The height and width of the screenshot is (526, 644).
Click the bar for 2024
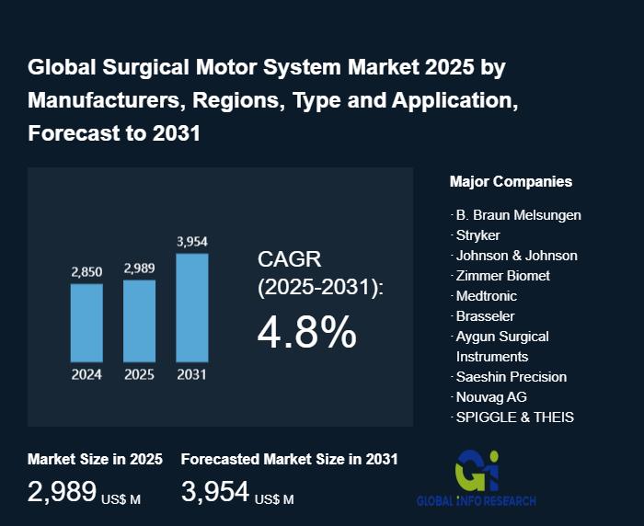pyautogui.click(x=86, y=322)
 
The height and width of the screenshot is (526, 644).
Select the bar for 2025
pyautogui.click(x=139, y=320)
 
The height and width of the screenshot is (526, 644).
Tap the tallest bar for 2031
pyautogui.click(x=192, y=307)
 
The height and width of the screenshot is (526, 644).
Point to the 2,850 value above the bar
pyautogui.click(x=86, y=271)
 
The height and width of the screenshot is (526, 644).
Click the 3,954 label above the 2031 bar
pyautogui.click(x=192, y=242)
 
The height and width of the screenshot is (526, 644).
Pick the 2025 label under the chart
pyautogui.click(x=139, y=374)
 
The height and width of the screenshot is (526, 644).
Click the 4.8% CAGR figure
pyautogui.click(x=306, y=332)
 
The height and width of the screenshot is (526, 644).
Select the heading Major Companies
pyautogui.click(x=511, y=181)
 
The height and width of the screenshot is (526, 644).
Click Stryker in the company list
pyautogui.click(x=477, y=235)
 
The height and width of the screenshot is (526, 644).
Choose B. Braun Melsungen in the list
pyautogui.click(x=518, y=215)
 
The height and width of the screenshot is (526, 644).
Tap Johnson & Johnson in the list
pyautogui.click(x=516, y=256)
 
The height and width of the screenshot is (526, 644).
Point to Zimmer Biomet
pyautogui.click(x=502, y=276)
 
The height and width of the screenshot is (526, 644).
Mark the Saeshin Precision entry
pyautogui.click(x=511, y=377)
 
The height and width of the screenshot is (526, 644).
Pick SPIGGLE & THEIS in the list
pyautogui.click(x=514, y=417)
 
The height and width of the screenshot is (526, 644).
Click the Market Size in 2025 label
pyautogui.click(x=95, y=459)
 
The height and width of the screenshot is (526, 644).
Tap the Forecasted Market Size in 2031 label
pyautogui.click(x=289, y=459)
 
